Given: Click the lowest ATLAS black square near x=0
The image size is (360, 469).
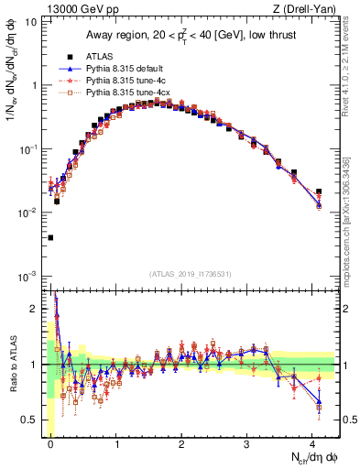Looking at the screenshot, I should point(50,237).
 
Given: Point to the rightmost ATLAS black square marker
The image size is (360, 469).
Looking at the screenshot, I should point(319,191).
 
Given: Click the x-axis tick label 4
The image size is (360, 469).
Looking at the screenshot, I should point(312,442).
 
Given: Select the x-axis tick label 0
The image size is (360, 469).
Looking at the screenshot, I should point(50,442).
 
